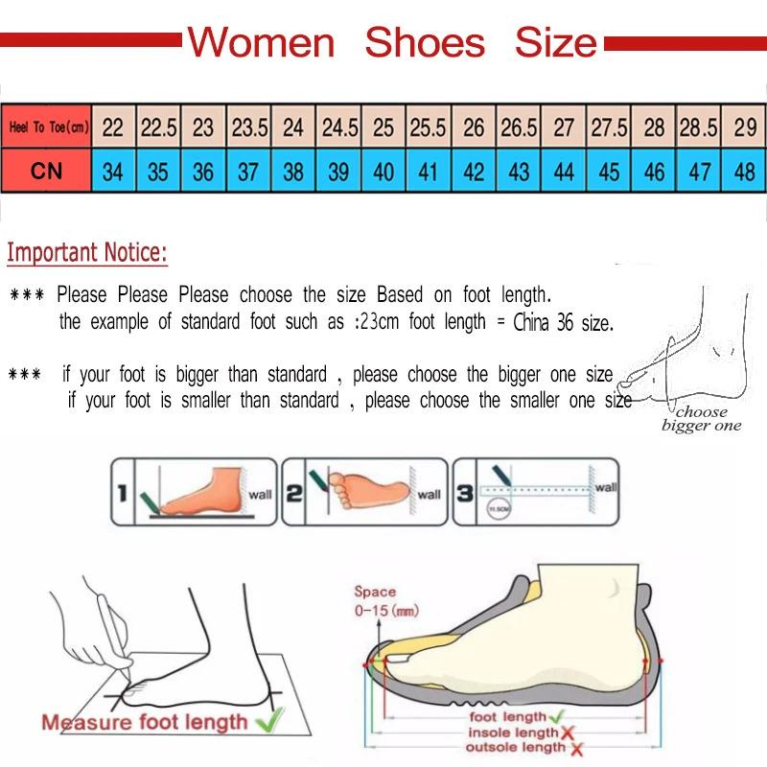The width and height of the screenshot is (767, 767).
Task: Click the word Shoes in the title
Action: (425, 42)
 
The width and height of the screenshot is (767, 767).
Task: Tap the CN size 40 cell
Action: (383, 173)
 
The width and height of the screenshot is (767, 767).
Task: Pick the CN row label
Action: (47, 173)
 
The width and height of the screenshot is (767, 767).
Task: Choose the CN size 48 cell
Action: (744, 173)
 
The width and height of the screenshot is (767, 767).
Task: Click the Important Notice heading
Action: (87, 253)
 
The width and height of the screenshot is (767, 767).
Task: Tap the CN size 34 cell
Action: (113, 173)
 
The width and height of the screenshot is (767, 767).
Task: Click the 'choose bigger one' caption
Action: (701, 419)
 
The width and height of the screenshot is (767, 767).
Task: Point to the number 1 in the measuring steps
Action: (123, 494)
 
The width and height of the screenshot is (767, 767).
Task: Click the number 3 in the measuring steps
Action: (464, 494)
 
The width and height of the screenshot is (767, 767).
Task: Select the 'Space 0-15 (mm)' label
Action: (376, 601)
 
